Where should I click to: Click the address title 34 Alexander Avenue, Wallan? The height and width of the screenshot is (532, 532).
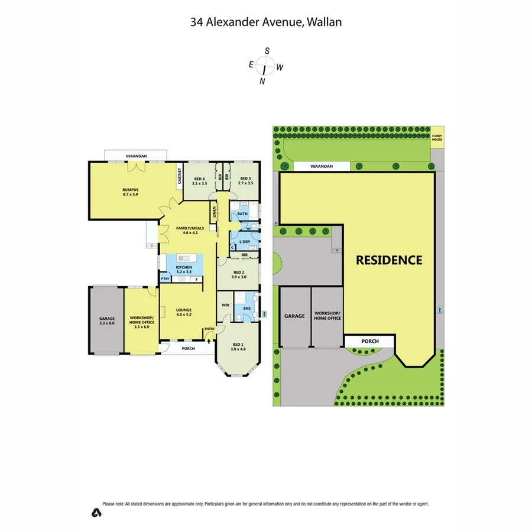pyautogui.click(x=266, y=22)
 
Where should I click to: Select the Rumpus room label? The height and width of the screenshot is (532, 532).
pyautogui.click(x=130, y=192)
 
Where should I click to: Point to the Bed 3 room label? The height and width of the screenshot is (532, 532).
pyautogui.click(x=245, y=181)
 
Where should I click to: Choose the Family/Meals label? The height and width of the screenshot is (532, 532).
pyautogui.click(x=186, y=230)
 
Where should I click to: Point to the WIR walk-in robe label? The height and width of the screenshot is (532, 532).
pyautogui.click(x=225, y=306)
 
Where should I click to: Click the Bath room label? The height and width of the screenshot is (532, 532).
pyautogui.click(x=242, y=214)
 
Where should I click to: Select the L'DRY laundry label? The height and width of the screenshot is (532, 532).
pyautogui.click(x=244, y=242)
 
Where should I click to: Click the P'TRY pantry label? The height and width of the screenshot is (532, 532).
pyautogui.click(x=165, y=279)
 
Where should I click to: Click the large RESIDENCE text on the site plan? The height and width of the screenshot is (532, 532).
pyautogui.click(x=389, y=260)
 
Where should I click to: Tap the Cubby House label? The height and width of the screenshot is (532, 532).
pyautogui.click(x=437, y=138)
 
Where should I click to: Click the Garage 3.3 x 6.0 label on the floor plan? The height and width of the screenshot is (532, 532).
pyautogui.click(x=106, y=321)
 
